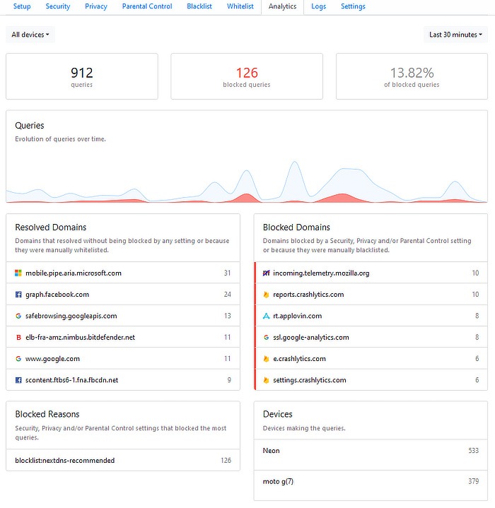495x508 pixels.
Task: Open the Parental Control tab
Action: [x=147, y=6]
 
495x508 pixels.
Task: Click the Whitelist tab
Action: [x=240, y=6]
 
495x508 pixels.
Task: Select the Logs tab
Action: [x=319, y=6]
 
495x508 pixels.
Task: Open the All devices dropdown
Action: [x=30, y=35]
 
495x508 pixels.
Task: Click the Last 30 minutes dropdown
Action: [x=456, y=35]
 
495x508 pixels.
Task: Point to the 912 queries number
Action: [x=82, y=73]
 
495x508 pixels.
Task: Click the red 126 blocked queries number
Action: [x=247, y=73]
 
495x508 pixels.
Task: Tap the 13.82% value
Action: [x=412, y=73]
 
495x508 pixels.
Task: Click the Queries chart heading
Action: [x=30, y=126]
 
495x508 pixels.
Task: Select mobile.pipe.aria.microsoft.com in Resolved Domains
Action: [x=74, y=273]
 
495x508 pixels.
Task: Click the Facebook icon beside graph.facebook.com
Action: [x=18, y=295]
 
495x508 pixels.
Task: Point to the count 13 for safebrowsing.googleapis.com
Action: [x=227, y=316]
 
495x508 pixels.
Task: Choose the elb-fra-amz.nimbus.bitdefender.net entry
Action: [x=80, y=337]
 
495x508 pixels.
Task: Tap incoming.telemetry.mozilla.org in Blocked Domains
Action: [x=321, y=273]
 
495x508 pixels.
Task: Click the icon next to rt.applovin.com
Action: [x=266, y=316]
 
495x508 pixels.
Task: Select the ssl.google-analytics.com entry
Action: [x=311, y=337]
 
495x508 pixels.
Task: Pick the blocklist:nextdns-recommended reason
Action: [x=65, y=460]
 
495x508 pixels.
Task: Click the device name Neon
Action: [x=272, y=450]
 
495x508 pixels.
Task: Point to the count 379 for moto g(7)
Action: [x=473, y=482]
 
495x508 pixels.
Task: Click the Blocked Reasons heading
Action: [x=47, y=414]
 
